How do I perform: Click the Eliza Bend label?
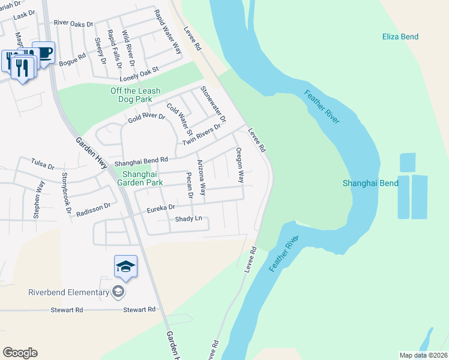pos(400,37)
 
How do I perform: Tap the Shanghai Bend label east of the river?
pos(370,183)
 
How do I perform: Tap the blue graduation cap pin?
pos(125,266)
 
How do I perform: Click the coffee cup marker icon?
pos(44,52)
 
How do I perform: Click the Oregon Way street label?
pos(240,165)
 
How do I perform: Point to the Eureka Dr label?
pos(161,208)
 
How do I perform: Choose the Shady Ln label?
pos(188,219)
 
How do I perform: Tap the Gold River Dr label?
pos(146,118)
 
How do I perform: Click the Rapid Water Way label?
pos(168,32)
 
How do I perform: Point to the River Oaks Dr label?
pos(74,24)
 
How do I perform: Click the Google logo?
pos(20,353)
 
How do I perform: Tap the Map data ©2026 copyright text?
pos(424,355)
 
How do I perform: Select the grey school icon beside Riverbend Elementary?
pos(118,292)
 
